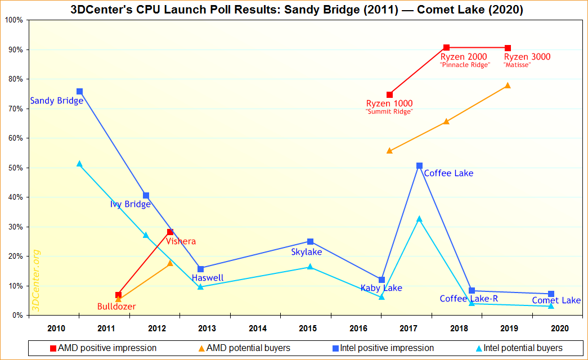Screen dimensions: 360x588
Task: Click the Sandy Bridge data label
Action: point(56,101)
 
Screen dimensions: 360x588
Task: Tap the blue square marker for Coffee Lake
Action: point(419,166)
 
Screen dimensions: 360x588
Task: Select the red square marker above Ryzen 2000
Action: point(446,47)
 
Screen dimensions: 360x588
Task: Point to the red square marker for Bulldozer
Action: point(118,295)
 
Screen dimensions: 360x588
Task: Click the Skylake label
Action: point(306,252)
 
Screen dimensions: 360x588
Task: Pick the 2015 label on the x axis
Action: point(307,328)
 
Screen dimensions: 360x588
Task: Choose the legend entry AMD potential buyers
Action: point(248,348)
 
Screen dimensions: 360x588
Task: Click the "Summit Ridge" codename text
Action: point(389,112)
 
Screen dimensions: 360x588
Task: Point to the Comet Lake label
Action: point(556,301)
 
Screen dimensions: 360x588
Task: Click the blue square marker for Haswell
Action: point(200,269)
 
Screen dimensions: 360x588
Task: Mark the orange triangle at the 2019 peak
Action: point(508,85)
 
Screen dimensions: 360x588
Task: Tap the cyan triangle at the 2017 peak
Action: point(419,219)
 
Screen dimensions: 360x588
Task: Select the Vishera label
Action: point(181,241)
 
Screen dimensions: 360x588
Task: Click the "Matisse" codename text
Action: point(517,65)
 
